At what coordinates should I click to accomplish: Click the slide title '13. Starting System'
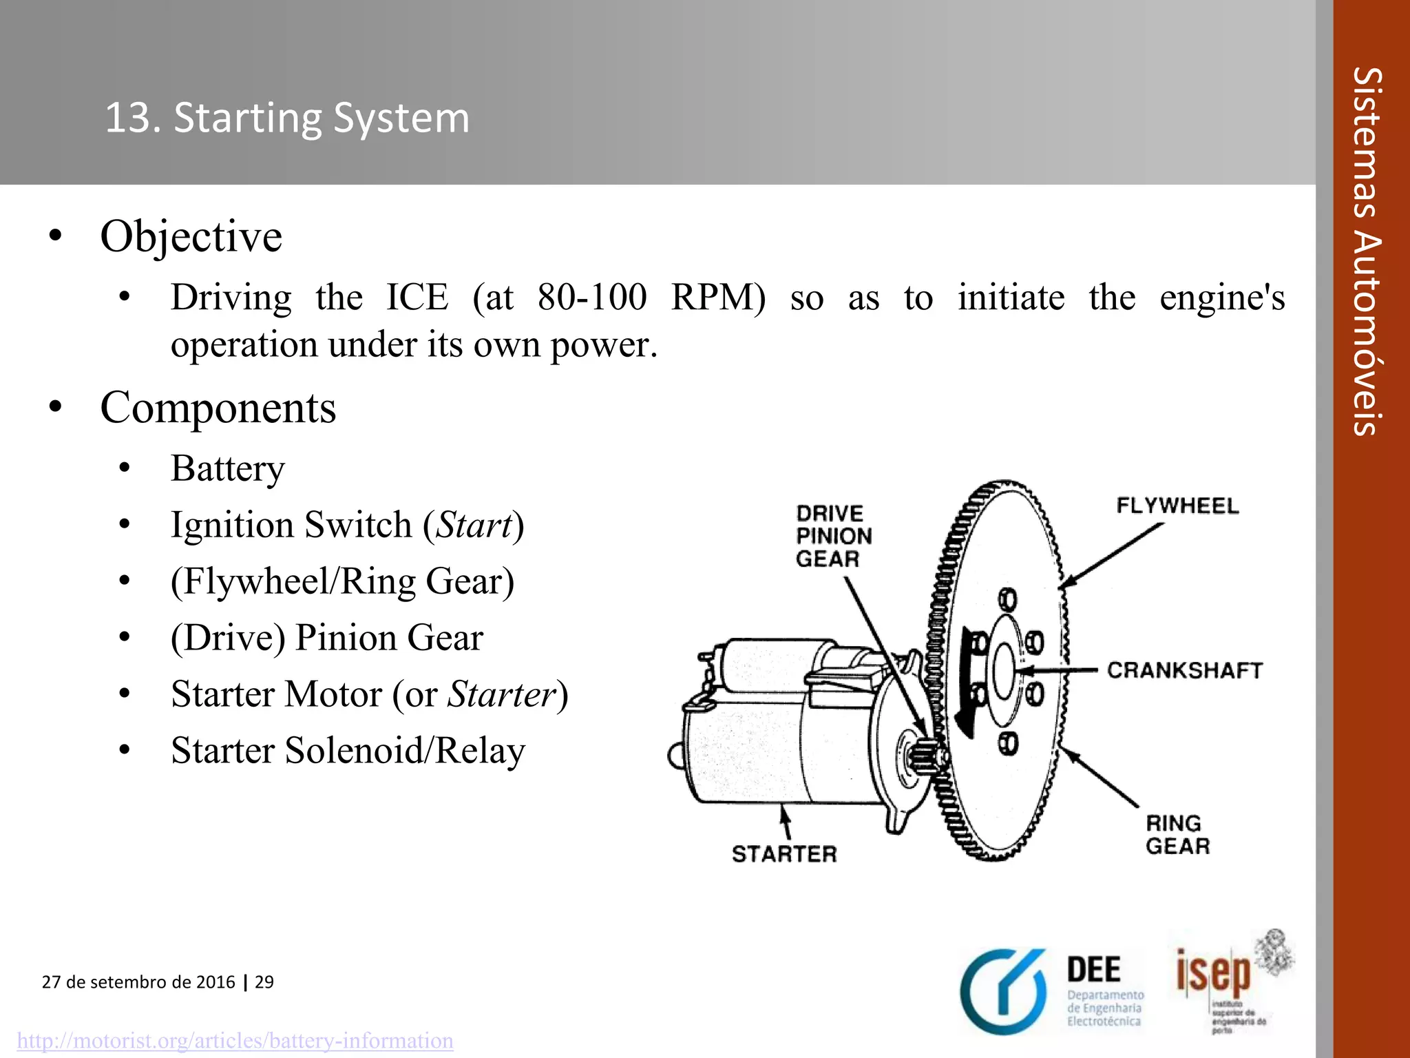coord(287,117)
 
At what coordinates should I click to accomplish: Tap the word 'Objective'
coord(191,236)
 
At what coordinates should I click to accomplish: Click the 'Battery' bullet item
coord(227,468)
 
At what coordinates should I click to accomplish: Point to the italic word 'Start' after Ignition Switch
coord(474,525)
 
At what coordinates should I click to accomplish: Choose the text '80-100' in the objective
coord(592,298)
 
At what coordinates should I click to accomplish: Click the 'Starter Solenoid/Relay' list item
coord(348,750)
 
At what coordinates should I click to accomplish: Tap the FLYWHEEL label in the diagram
coord(1177,506)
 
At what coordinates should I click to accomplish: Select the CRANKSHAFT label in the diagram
coord(1185,670)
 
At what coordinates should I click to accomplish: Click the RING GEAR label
coord(1177,834)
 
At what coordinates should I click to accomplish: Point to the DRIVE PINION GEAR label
coord(834,536)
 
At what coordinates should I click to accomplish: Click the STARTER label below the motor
coord(784,854)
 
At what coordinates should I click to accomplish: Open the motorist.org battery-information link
coord(235,1040)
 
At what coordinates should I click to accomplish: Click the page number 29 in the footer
coord(264,982)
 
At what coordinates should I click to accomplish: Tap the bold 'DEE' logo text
coord(1094,971)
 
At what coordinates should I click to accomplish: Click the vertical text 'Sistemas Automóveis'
coord(1367,251)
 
